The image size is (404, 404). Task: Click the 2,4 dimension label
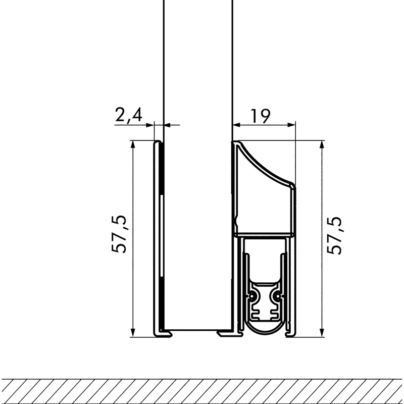click(128, 115)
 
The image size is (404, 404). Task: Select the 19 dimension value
click(261, 116)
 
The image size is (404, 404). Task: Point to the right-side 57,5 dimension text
click(334, 236)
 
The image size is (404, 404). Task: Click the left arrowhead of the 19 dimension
click(236, 125)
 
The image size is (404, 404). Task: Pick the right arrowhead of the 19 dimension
click(291, 125)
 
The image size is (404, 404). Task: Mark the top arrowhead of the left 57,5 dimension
click(133, 144)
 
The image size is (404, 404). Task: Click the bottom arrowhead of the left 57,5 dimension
click(133, 333)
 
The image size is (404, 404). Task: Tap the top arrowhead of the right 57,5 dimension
click(322, 144)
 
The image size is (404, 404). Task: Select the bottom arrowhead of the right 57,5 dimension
click(322, 333)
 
